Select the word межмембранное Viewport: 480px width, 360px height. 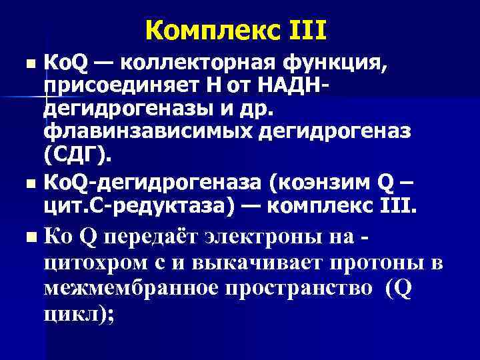(141, 288)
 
